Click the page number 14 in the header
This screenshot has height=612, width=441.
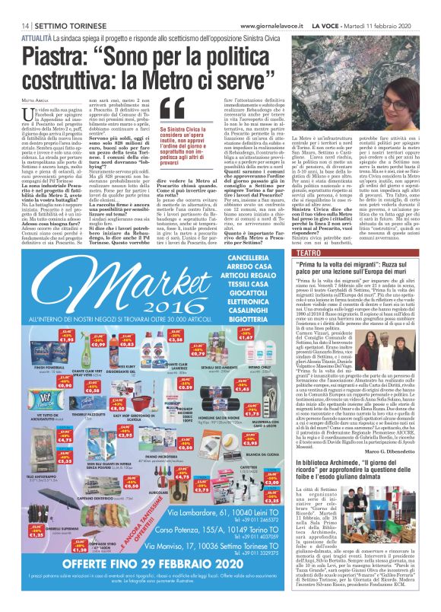tap(14, 25)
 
